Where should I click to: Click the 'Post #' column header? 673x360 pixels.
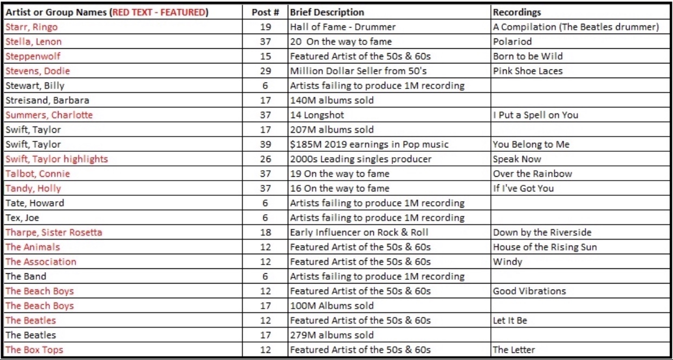coord(265,12)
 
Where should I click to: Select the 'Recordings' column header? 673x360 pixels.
coord(517,12)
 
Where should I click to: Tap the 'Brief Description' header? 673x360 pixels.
coord(327,12)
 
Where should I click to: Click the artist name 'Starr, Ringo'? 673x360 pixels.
coord(31,27)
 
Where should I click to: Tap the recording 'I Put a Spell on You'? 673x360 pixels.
coord(535,115)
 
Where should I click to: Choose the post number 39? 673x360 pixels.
coord(265,144)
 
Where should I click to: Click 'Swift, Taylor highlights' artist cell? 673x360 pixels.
coord(56,159)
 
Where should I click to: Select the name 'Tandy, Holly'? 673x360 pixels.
coord(33,188)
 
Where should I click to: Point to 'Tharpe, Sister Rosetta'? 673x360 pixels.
coord(54,232)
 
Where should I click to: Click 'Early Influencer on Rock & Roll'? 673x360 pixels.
coord(359,232)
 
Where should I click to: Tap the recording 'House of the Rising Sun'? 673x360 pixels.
coord(545,247)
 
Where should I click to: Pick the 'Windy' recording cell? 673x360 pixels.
coord(507,261)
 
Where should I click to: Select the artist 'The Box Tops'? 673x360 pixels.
coord(34,349)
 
